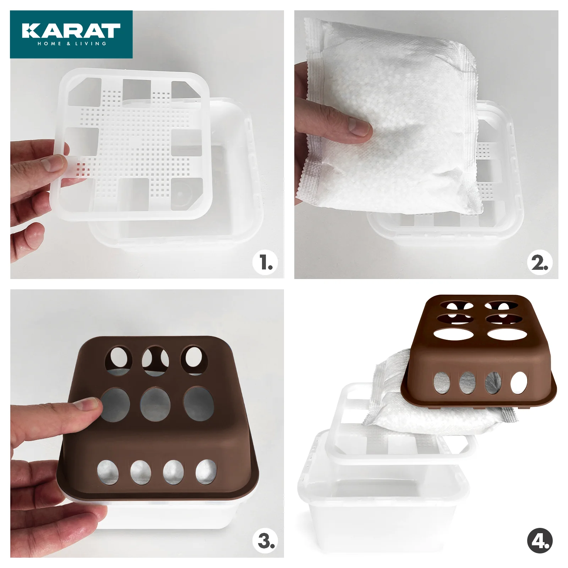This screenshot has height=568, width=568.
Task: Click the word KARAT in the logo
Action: [71, 31]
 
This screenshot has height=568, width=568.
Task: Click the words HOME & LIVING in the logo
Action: [72, 44]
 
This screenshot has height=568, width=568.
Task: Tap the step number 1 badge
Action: [265, 262]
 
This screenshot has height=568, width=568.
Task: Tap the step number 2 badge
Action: [540, 263]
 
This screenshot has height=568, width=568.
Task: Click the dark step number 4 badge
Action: [540, 541]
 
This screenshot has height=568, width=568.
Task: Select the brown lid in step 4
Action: [479, 351]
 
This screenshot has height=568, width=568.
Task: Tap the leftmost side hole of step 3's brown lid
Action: [108, 472]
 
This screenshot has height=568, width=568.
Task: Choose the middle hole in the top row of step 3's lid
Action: [155, 361]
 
